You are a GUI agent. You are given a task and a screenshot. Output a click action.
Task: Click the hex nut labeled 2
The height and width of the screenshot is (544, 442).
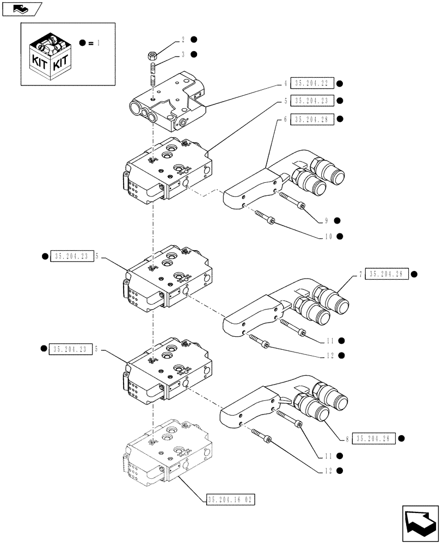point(152,55)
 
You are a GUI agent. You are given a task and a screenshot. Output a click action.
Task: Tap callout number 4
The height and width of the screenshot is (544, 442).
point(285,83)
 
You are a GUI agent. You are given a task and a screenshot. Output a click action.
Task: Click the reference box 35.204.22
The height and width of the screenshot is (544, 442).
point(312,83)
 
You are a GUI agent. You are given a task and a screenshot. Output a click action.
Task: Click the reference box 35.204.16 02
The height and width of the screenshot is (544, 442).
point(231,500)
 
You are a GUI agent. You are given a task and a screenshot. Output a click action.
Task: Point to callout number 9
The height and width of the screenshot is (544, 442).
point(327,220)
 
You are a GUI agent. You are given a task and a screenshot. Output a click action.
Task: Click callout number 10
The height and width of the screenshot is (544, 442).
point(328,236)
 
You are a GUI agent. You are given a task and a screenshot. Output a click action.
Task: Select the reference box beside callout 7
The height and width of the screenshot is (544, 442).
point(386,274)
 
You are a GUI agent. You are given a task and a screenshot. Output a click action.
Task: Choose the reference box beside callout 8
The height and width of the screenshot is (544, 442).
point(373,438)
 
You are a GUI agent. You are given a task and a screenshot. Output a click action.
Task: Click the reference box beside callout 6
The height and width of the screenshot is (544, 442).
point(312,119)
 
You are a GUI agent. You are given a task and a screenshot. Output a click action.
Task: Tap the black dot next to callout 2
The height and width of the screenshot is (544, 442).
point(194,40)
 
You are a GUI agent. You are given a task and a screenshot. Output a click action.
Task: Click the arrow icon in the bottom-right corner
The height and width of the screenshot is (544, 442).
point(420,523)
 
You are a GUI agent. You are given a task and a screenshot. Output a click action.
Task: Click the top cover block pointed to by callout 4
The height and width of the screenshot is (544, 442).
point(168,102)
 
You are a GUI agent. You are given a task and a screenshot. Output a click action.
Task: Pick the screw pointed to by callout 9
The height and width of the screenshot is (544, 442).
point(293,201)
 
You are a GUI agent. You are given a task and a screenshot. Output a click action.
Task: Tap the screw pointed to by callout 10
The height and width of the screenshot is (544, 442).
point(265,217)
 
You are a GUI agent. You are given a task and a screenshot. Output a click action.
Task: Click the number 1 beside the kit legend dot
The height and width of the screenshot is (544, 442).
point(99,43)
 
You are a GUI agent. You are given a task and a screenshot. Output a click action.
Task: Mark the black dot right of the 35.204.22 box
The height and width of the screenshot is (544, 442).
point(340,83)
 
